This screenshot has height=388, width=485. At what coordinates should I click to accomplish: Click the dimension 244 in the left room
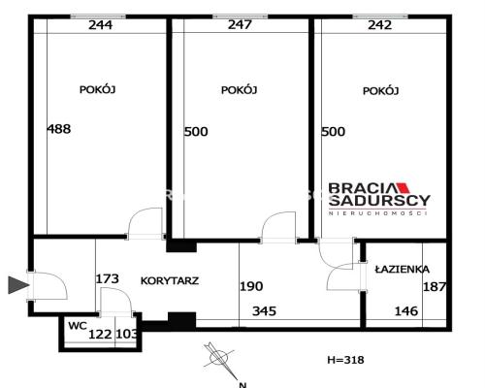pos(101,25)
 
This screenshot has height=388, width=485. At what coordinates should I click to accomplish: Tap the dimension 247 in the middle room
pos(240,24)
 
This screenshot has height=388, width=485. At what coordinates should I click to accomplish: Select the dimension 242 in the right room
pos(380,25)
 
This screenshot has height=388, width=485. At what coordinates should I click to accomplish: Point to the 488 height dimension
pos(59,129)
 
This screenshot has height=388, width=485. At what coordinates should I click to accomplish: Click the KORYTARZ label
pos(170,280)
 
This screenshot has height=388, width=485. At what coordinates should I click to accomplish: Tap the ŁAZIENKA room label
pos(403,269)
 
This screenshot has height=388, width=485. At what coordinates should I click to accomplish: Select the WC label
pos(78,326)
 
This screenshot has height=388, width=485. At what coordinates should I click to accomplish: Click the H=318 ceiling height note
pos(345,360)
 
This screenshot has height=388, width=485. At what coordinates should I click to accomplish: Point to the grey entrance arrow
pos(18,285)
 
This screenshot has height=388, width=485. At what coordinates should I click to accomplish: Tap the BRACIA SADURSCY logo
pos(379,199)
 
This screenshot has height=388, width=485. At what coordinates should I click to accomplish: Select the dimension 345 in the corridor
pos(264,311)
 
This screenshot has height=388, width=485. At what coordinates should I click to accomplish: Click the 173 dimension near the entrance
pos(108,278)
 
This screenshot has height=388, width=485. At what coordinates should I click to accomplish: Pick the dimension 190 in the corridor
pos(251,286)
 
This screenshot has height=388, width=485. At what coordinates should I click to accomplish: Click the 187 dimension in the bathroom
pos(435,286)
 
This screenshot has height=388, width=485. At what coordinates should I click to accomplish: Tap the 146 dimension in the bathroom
pos(406,311)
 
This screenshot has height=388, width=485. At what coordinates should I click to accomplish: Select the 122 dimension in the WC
pos(100,334)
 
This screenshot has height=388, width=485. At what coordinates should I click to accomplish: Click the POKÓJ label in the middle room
pos(239,89)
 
